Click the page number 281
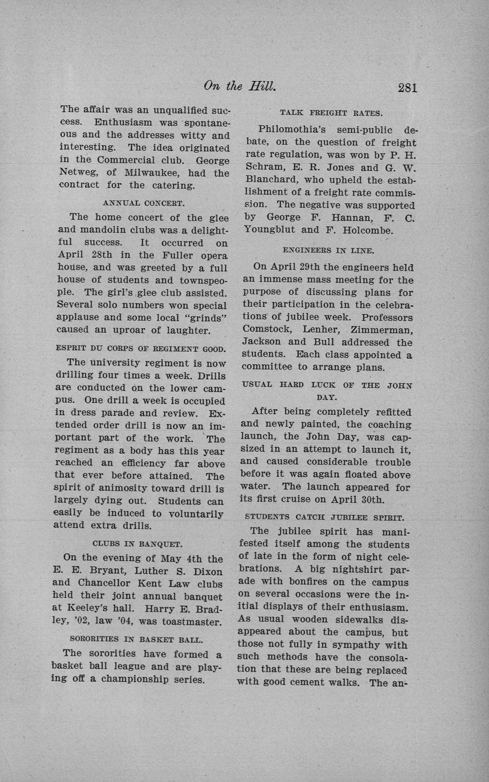(x=407, y=88)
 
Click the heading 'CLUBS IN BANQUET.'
(x=137, y=544)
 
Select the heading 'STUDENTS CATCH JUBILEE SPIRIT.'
(x=324, y=517)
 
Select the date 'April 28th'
(x=85, y=255)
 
